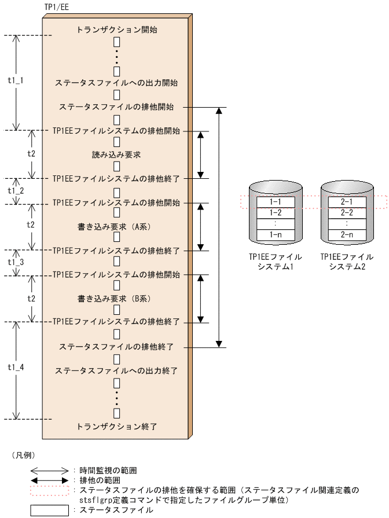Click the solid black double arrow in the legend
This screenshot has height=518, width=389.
[49, 480]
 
